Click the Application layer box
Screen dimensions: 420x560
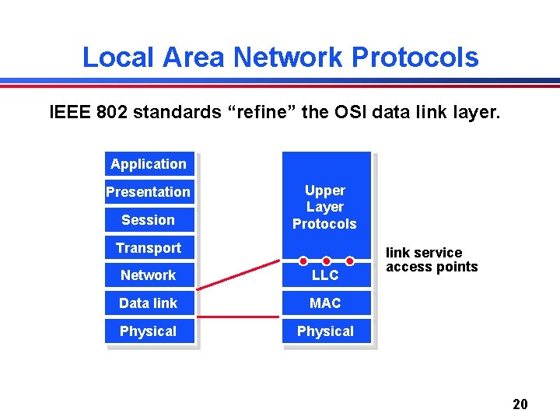tap(149, 164)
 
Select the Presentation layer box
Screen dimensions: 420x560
tap(149, 192)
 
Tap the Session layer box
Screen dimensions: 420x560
tap(149, 220)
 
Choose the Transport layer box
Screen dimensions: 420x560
tap(149, 248)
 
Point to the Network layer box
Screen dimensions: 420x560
tap(149, 275)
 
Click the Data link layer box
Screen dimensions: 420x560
tap(149, 303)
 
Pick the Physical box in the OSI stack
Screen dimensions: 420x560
tap(149, 331)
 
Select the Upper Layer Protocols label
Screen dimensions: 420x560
tap(324, 207)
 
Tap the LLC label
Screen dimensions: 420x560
tap(325, 275)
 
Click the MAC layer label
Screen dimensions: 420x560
tap(325, 303)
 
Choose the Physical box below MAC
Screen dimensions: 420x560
tap(325, 331)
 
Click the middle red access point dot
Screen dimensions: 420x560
tap(327, 261)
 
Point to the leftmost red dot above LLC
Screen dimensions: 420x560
tap(303, 261)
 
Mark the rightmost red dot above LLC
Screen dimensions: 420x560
tap(350, 261)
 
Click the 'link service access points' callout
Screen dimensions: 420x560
tap(432, 260)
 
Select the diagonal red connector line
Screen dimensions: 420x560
tap(240, 275)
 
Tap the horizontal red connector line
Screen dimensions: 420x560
tap(240, 317)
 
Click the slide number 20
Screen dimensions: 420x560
tap(520, 404)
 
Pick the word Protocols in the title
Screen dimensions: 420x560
tap(415, 57)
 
